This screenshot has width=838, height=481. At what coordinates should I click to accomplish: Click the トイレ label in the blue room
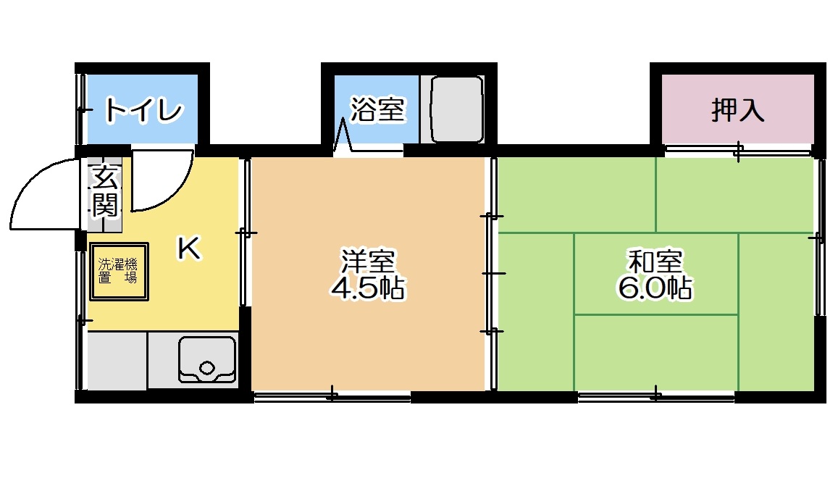click(143, 110)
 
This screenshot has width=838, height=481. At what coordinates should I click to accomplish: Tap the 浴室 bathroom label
click(378, 109)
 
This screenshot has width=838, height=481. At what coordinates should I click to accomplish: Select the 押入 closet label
click(737, 110)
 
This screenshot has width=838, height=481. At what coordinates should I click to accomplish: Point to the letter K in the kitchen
click(189, 248)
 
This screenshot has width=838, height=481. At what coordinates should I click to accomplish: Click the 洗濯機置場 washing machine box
click(119, 272)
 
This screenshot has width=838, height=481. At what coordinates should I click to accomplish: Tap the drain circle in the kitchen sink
click(207, 368)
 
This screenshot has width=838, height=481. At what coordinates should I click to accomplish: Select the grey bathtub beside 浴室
click(458, 109)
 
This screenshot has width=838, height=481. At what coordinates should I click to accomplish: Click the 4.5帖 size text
click(368, 288)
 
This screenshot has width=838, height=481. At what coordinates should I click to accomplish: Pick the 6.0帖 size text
click(655, 288)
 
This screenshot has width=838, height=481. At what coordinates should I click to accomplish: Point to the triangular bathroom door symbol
click(342, 135)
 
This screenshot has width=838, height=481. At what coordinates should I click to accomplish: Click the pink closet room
click(738, 109)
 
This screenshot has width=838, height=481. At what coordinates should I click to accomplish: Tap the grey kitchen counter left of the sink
click(117, 361)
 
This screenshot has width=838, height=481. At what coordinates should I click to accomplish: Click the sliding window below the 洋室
click(332, 396)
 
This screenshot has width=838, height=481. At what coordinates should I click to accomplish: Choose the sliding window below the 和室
click(655, 396)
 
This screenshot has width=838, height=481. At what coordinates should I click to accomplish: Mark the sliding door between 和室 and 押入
click(738, 151)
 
